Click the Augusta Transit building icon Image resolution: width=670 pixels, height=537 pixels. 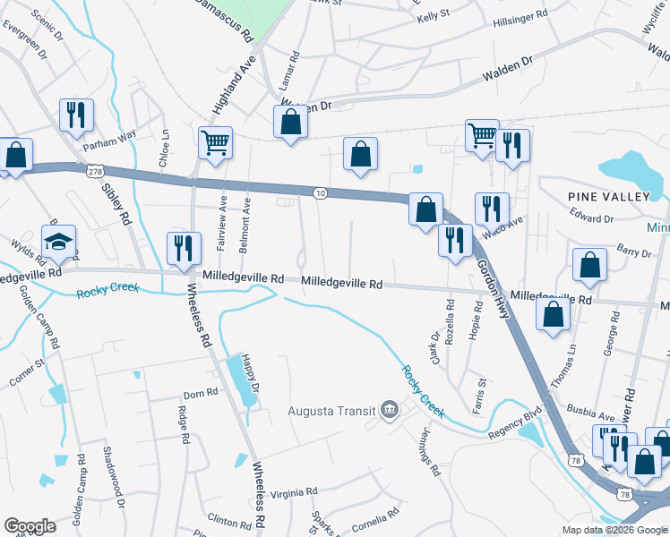coord(389,411)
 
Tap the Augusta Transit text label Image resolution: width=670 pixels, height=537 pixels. coord(331,412)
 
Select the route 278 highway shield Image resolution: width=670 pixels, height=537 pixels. coord(94,170)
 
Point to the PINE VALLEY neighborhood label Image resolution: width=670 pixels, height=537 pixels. coord(606,196)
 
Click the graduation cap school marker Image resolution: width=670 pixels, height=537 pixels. coord(59,242)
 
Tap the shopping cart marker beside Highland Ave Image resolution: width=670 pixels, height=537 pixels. coord(216,143)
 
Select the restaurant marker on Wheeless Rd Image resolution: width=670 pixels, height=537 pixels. coord(184,248)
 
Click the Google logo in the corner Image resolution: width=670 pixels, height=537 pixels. coord(30,525)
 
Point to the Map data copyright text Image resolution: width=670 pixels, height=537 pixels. coord(614,530)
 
